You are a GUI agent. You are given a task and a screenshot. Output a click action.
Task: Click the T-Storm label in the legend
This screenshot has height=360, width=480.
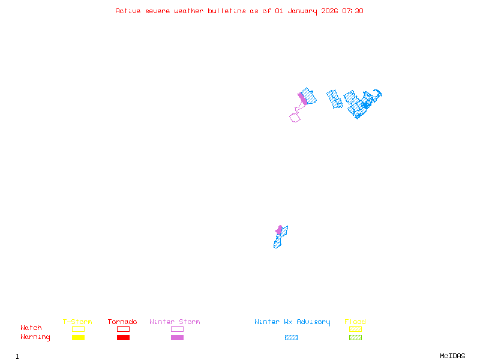pos(77,322)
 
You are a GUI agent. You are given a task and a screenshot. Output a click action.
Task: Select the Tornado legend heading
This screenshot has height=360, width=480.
pos(122,322)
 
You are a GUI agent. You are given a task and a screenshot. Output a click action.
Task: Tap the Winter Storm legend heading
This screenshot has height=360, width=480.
pos(175,322)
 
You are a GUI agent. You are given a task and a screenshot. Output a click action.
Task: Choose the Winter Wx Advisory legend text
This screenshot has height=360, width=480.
pos(292,322)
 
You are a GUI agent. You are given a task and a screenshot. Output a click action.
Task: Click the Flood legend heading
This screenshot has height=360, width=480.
pos(355,322)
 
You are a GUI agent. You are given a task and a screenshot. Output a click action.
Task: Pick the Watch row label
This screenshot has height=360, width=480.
pos(31,328)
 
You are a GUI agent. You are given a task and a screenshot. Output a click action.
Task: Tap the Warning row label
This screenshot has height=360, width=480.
pos(35,337)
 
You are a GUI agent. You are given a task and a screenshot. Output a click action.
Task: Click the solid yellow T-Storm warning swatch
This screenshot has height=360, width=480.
pos(78,337)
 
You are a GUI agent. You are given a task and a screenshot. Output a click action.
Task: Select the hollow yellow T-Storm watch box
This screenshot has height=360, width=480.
pos(78,329)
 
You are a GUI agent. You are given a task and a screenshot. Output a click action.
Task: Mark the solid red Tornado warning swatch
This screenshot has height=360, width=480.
pos(123,337)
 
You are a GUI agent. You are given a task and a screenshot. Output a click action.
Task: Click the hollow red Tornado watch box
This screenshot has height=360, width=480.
pos(123,329)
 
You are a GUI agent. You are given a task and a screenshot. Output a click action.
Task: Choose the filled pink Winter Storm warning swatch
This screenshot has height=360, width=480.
pos(177,337)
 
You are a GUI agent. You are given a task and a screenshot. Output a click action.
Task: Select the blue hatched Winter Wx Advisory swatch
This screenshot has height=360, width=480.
pos(291,337)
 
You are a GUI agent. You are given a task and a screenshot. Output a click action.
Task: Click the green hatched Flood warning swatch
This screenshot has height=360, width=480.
pos(355,337)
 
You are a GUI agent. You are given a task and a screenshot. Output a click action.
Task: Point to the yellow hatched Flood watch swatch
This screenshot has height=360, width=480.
pos(355,329)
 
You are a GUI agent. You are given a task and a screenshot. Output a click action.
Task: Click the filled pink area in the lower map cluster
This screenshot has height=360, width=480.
pos(279,230)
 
